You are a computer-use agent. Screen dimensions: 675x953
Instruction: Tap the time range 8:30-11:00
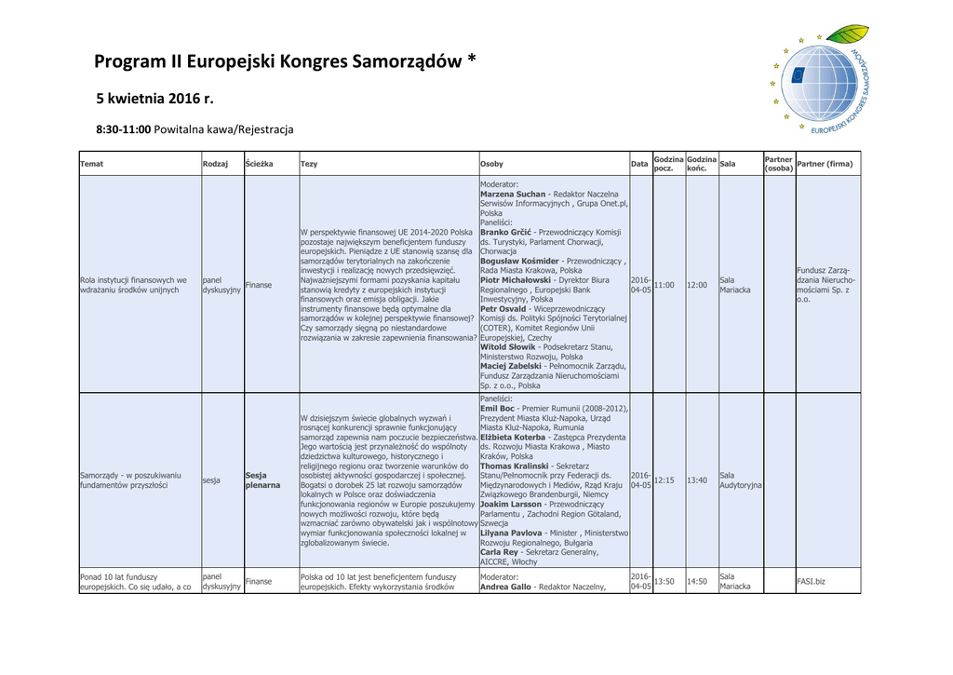coord(124,129)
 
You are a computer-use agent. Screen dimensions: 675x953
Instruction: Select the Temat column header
coord(92,164)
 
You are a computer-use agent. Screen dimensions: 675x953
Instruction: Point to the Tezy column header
coord(309,164)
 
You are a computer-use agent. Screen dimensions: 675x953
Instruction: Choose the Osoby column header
coord(491,164)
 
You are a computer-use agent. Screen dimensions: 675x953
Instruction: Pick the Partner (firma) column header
coord(825,164)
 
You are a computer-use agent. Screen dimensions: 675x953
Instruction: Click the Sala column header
coord(728,164)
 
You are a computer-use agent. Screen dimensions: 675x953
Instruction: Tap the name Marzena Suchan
coord(513,195)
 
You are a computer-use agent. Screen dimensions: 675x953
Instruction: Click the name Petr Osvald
coord(503,308)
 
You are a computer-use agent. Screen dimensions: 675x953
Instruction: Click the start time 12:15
coord(664,480)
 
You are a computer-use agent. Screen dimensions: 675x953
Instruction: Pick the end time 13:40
coord(697,480)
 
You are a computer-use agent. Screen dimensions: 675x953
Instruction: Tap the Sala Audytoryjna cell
coord(740,480)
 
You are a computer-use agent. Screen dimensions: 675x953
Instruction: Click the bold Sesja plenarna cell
coord(262,480)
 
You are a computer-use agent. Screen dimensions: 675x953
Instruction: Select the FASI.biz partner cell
coord(811,582)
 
